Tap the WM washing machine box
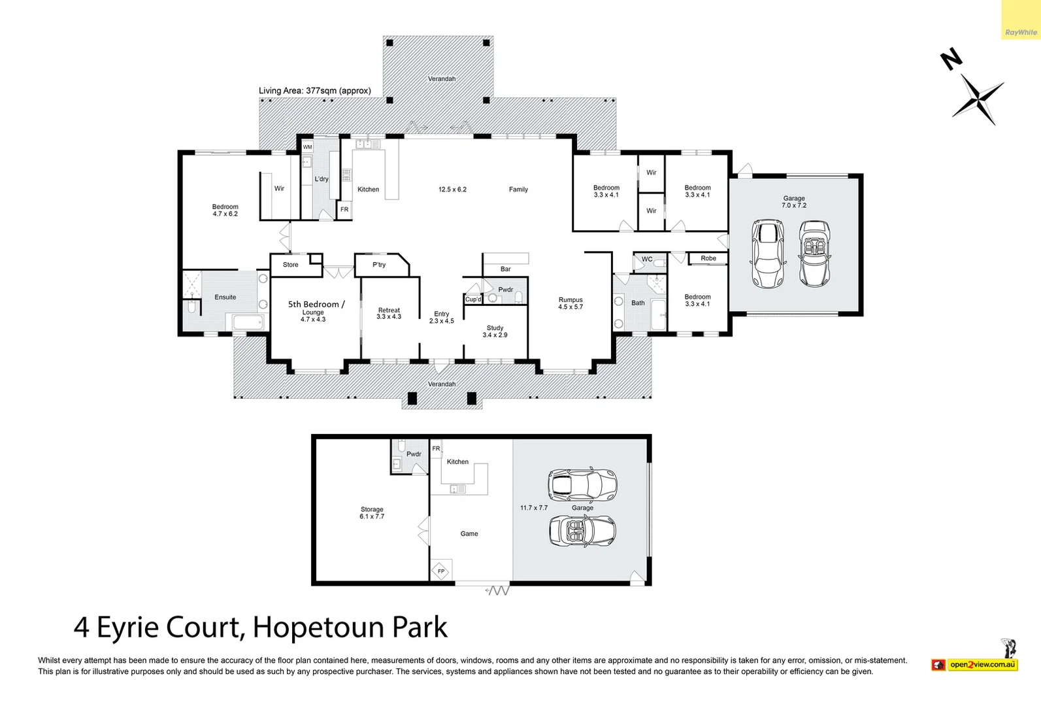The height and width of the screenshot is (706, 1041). coord(307,147)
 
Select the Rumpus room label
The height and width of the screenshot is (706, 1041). coord(570,300)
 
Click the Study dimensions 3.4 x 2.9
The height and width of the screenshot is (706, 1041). coord(495,335)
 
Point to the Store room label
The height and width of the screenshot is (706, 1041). coord(290,265)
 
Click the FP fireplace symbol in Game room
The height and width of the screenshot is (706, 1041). coord(440,571)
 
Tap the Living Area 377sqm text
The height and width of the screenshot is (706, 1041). coord(314,91)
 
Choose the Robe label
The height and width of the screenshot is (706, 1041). coord(708,258)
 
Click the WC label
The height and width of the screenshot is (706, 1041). coord(647,260)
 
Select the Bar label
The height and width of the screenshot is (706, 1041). coord(506,269)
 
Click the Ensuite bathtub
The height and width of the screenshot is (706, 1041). coord(247,322)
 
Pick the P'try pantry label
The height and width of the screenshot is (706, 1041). coord(379,265)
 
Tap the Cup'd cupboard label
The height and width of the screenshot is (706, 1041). coord(473,299)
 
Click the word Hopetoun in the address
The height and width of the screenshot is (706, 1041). coord(319,627)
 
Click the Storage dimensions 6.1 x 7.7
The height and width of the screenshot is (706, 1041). coord(372,516)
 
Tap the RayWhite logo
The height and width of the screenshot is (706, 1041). coord(1021,33)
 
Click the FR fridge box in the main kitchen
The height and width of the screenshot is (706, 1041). coord(344,210)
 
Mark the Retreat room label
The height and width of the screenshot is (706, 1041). coord(389,310)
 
